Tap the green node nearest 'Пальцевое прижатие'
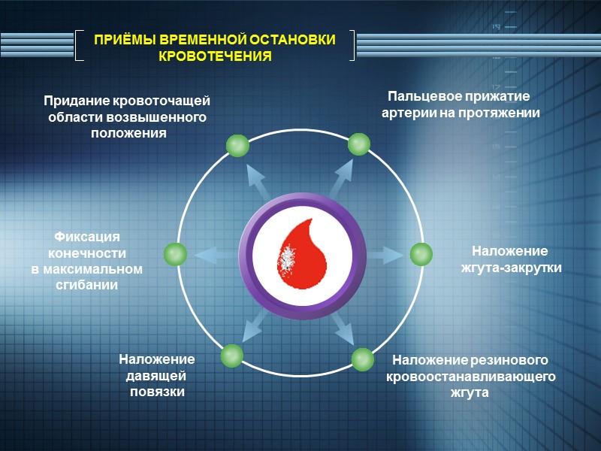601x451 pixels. (358, 144)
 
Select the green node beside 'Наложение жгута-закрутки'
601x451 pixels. (421, 254)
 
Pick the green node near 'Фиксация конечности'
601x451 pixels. (175, 254)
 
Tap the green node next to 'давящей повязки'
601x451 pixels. (232, 355)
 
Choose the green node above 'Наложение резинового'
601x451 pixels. (362, 359)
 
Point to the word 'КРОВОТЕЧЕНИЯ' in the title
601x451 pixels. (216, 56)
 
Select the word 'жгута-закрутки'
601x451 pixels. (511, 267)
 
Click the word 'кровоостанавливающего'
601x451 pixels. (470, 376)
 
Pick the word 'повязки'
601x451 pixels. (156, 392)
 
